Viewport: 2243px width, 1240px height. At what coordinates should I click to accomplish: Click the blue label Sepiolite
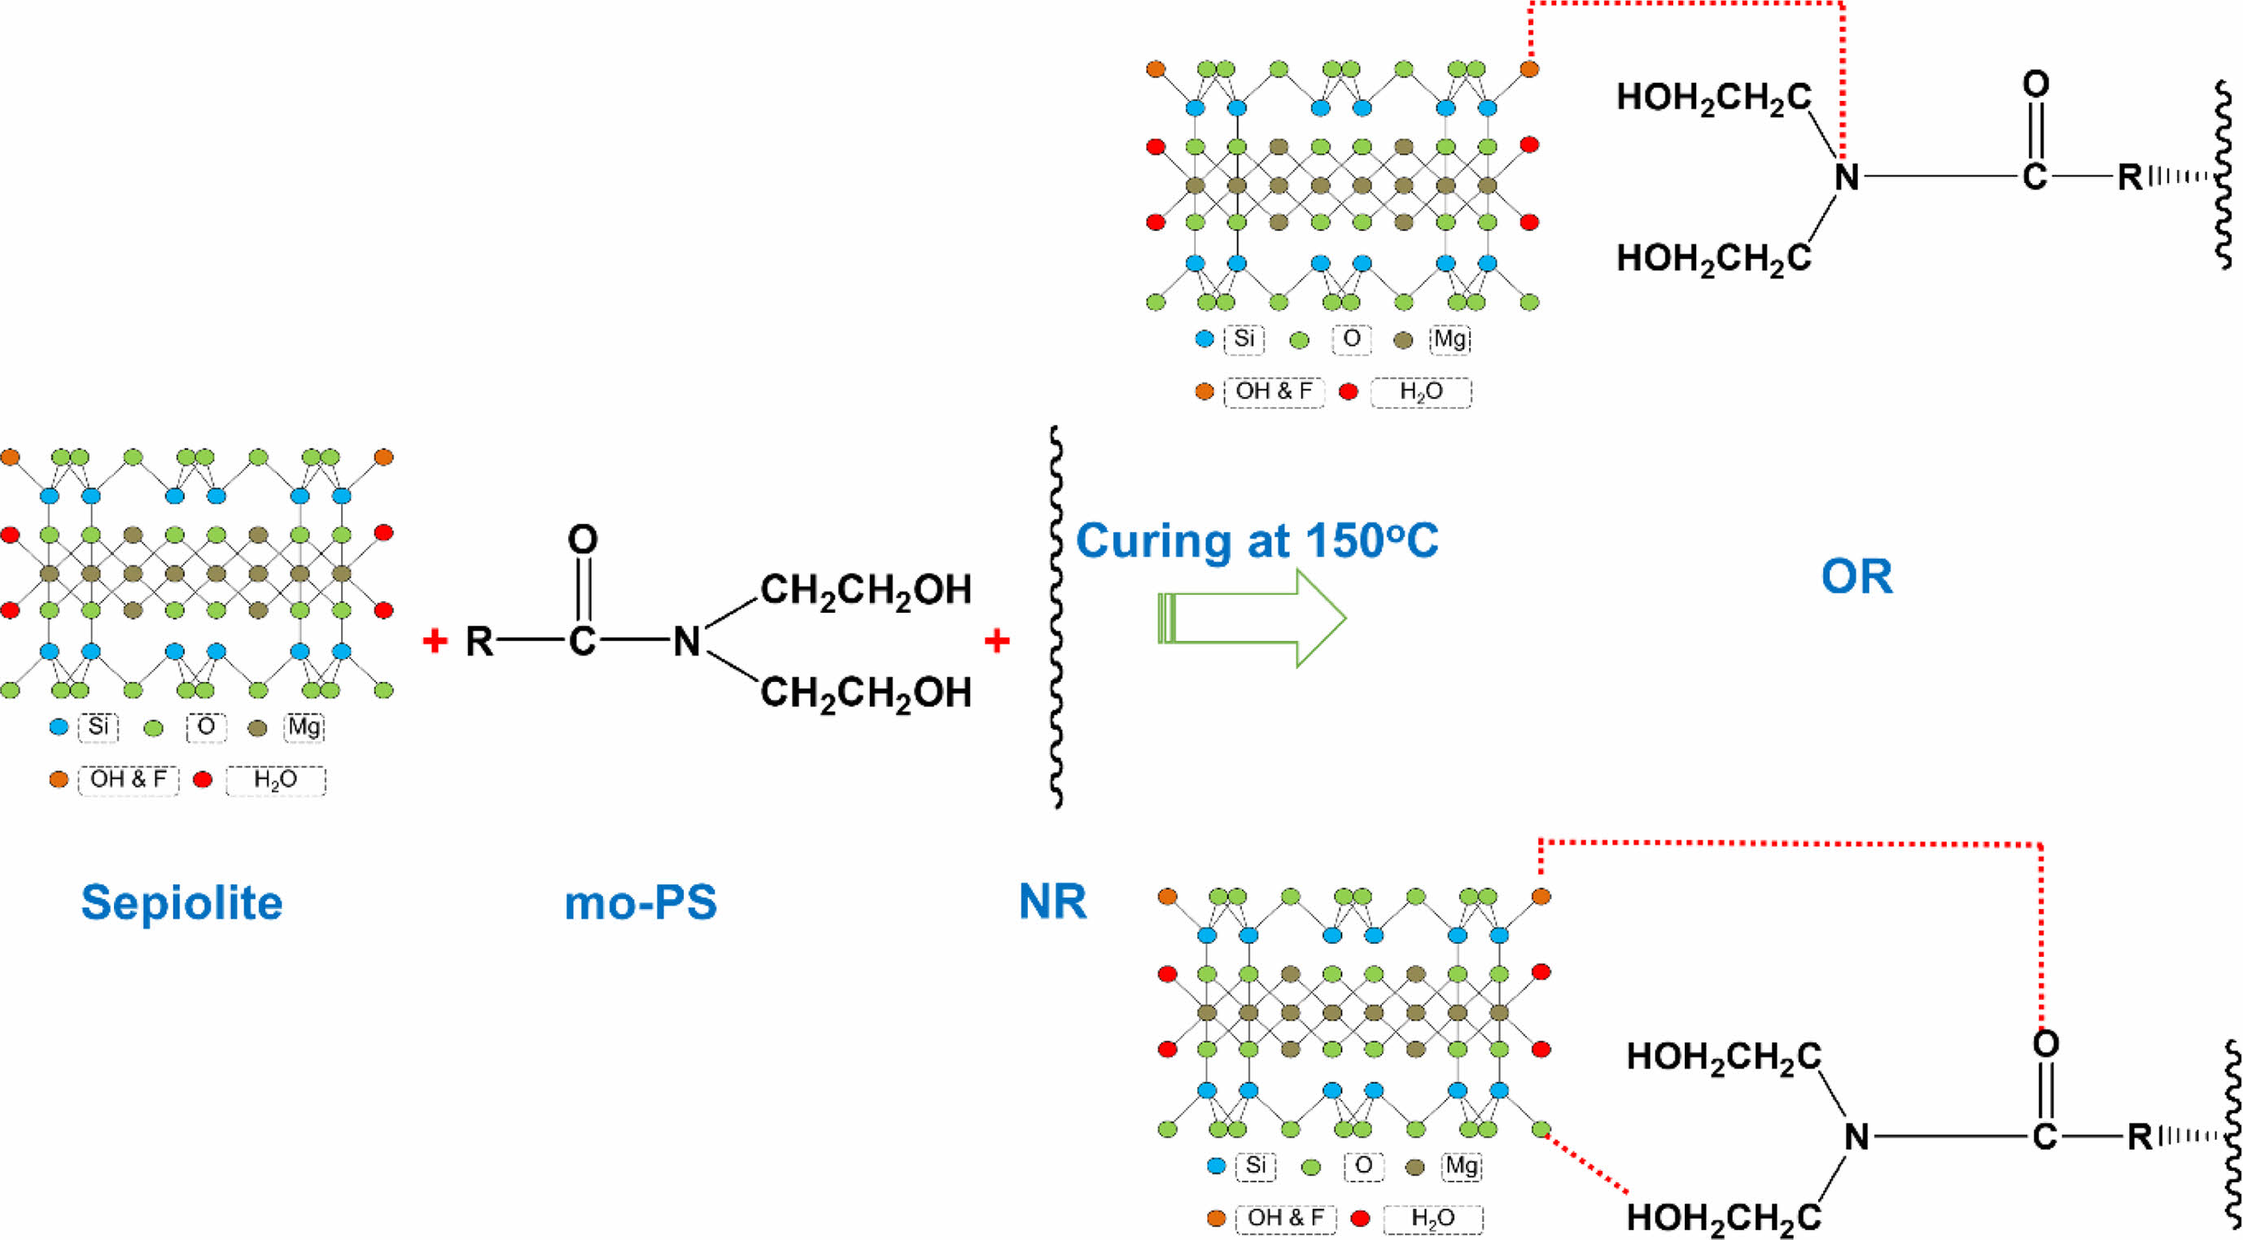pyautogui.click(x=182, y=902)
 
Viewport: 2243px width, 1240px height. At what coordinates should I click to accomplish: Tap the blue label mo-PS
pyautogui.click(x=641, y=902)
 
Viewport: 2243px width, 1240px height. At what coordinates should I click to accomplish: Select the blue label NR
pyautogui.click(x=1052, y=902)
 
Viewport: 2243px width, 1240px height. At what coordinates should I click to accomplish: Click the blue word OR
pyautogui.click(x=1856, y=576)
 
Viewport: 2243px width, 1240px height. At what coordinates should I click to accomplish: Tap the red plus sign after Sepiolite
pyautogui.click(x=435, y=642)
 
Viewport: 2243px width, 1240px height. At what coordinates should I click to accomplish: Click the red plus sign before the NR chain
pyautogui.click(x=996, y=642)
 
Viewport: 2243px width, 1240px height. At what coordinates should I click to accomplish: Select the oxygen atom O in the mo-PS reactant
pyautogui.click(x=583, y=540)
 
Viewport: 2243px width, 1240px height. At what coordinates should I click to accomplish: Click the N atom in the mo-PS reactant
pyautogui.click(x=687, y=642)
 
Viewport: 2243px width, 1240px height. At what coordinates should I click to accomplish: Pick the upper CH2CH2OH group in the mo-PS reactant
pyautogui.click(x=865, y=591)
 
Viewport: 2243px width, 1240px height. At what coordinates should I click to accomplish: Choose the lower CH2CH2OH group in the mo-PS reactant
pyautogui.click(x=865, y=693)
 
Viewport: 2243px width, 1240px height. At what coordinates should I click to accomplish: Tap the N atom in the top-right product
pyautogui.click(x=1846, y=177)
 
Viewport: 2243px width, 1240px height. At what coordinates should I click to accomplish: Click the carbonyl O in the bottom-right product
pyautogui.click(x=2045, y=1043)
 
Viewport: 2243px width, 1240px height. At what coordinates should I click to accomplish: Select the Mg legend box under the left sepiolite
pyautogui.click(x=304, y=727)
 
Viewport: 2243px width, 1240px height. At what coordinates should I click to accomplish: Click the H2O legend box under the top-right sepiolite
pyautogui.click(x=1421, y=392)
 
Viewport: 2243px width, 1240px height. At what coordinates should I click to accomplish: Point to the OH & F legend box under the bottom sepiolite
pyautogui.click(x=1285, y=1218)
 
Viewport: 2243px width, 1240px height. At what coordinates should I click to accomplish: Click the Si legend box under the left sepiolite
pyautogui.click(x=98, y=727)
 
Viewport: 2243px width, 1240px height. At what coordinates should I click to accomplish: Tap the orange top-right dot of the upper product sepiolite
pyautogui.click(x=1529, y=69)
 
